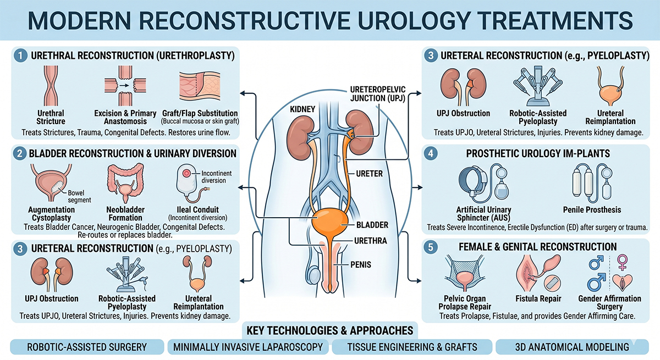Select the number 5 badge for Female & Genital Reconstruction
pos(431,247)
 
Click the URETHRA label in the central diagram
pos(357,241)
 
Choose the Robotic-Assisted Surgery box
pos(87,347)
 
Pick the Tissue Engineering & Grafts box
pos(412,347)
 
